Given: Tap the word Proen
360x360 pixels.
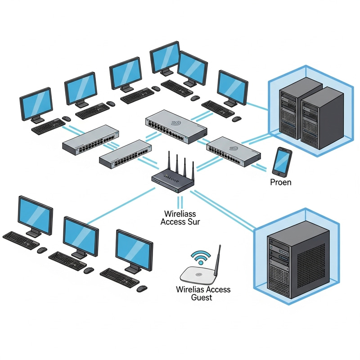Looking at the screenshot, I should pyautogui.click(x=280, y=182).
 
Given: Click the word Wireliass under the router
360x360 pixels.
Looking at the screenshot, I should pyautogui.click(x=180, y=213).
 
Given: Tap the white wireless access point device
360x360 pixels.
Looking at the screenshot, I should pyautogui.click(x=198, y=274).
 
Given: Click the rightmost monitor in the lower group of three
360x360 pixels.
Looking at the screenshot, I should pyautogui.click(x=134, y=250).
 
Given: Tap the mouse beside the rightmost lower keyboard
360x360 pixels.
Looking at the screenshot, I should pyautogui.click(x=142, y=288).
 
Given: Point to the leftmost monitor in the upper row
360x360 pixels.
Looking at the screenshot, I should pyautogui.click(x=36, y=103).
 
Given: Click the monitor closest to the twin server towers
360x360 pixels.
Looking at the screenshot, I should pyautogui.click(x=232, y=87).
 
